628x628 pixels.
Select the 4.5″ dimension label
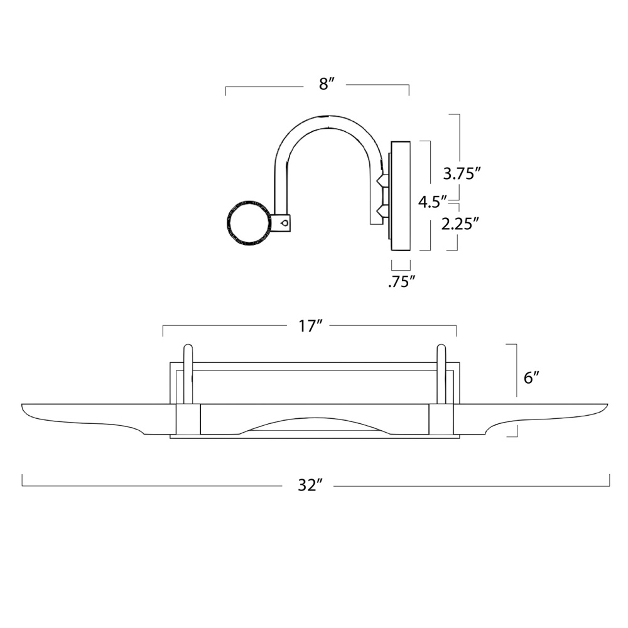pyautogui.click(x=432, y=202)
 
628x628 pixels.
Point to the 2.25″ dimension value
pyautogui.click(x=460, y=224)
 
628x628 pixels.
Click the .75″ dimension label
pyautogui.click(x=401, y=282)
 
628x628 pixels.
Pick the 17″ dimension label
pyautogui.click(x=311, y=327)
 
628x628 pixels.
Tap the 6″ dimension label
pyautogui.click(x=531, y=377)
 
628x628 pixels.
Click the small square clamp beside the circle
pyautogui.click(x=281, y=223)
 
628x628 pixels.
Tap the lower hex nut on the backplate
pyautogui.click(x=382, y=210)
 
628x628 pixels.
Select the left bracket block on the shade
pyautogui.click(x=188, y=419)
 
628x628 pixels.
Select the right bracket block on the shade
pyautogui.click(x=441, y=419)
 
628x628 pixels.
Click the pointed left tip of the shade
pyautogui.click(x=23, y=405)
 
